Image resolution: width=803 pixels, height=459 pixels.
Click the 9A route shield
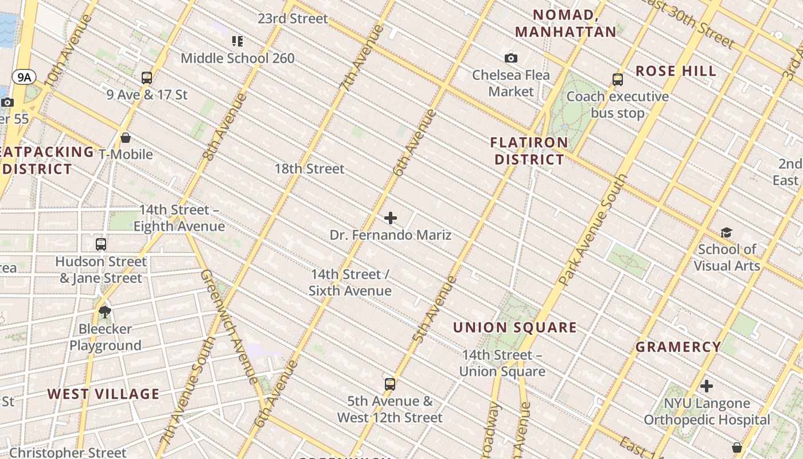click(x=24, y=77)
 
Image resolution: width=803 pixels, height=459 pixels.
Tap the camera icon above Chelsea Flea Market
click(x=511, y=58)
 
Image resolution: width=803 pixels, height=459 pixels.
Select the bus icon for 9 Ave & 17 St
click(x=147, y=78)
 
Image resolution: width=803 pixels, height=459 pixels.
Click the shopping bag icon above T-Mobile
click(x=126, y=138)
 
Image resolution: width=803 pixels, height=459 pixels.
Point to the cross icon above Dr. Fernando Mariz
click(x=391, y=218)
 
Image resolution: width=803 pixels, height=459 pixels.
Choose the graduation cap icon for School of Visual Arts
click(x=727, y=232)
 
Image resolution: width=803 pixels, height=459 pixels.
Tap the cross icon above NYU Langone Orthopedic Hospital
click(x=707, y=386)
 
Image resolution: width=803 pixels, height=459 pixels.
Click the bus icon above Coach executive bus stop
click(x=618, y=80)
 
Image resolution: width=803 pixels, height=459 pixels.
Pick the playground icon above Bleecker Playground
click(x=105, y=312)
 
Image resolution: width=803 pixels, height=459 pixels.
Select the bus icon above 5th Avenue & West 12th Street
click(x=390, y=384)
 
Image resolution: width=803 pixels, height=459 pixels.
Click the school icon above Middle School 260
click(x=237, y=41)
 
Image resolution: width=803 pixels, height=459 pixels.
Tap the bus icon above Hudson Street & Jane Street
click(x=101, y=244)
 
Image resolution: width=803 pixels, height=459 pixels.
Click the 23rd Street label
click(x=293, y=18)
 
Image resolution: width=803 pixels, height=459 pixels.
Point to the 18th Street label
click(x=309, y=169)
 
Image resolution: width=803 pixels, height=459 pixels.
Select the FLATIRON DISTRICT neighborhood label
click(x=529, y=151)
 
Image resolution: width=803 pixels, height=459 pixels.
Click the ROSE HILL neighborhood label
click(x=676, y=71)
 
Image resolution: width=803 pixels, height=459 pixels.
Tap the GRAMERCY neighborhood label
click(x=679, y=347)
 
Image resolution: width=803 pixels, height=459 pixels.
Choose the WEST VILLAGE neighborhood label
click(x=103, y=394)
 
